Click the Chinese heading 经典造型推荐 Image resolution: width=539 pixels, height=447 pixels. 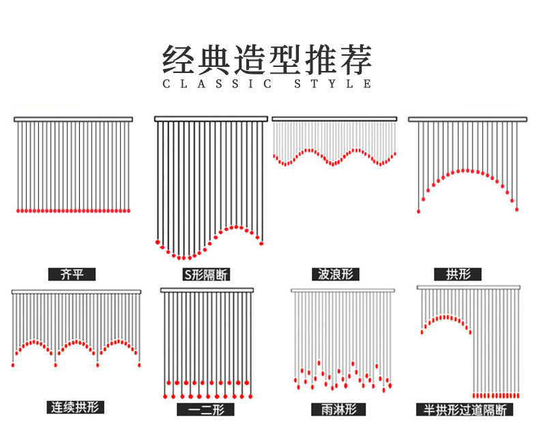coord(267,59)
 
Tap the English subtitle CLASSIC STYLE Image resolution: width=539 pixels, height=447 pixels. coord(267,84)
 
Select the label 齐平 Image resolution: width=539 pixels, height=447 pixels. coord(72,274)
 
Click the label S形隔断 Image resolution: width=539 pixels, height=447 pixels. coord(205,275)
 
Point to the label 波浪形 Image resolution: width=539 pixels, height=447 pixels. coord(336,274)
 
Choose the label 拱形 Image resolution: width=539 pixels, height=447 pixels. coord(458,274)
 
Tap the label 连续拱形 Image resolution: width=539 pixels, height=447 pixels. coord(75,407)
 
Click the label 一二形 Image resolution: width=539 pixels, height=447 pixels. coord(206,409)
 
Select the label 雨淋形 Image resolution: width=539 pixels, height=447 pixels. coord(338,409)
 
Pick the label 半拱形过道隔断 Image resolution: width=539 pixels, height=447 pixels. coord(465,410)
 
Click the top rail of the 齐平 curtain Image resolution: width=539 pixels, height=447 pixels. coord(73,119)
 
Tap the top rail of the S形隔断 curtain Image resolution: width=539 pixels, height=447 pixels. coord(211,119)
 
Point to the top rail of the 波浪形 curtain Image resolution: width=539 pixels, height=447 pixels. coord(334,119)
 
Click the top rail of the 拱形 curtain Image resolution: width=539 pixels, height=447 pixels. coord(467,119)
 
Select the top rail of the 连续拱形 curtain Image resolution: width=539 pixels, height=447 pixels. coord(76,292)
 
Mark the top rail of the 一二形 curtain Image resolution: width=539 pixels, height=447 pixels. coord(207,290)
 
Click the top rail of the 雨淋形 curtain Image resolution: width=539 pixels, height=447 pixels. coord(343,291)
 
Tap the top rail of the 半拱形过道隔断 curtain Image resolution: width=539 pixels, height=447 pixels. coord(469,287)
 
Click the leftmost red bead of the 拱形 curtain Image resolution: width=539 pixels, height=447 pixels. coord(418,212)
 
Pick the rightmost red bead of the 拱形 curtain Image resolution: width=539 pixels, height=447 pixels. coord(516,209)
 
